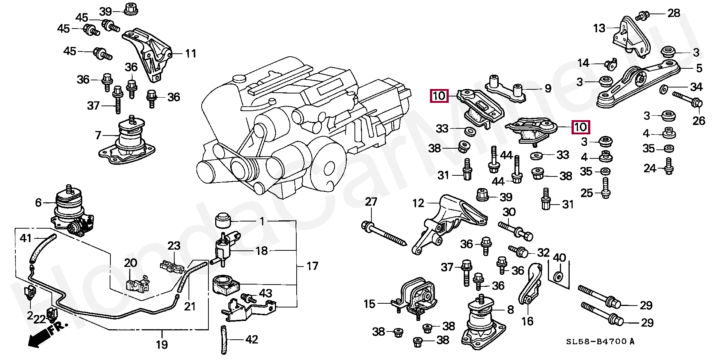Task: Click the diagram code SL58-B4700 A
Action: click(x=600, y=342)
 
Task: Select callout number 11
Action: click(x=191, y=54)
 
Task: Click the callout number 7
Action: click(x=98, y=135)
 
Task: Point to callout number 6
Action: click(x=38, y=203)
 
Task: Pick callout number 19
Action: click(x=162, y=345)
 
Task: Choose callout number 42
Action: click(x=252, y=340)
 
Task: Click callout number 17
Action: click(x=312, y=266)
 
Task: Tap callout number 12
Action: click(x=418, y=203)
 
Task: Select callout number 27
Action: click(x=371, y=202)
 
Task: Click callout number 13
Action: click(x=599, y=28)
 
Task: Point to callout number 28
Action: click(x=674, y=13)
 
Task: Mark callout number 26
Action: click(x=699, y=121)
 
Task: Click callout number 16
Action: click(x=527, y=321)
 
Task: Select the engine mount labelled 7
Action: click(x=127, y=141)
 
